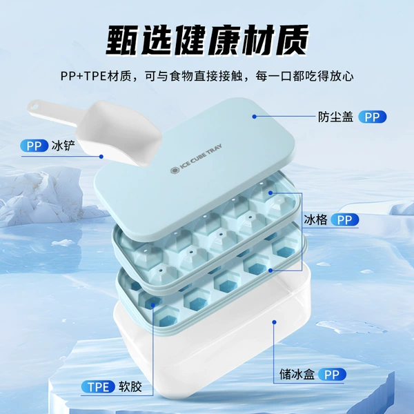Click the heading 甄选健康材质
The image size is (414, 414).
tap(207, 40)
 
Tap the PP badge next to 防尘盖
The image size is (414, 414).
tap(373, 117)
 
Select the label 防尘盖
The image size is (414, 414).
tap(335, 117)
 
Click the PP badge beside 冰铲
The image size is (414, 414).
tap(34, 146)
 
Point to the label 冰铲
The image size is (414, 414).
tap(63, 146)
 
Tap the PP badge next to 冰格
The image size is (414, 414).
tap(344, 219)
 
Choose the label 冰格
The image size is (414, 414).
tap(315, 219)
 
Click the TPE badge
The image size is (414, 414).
tap(98, 387)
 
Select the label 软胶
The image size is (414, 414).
tap(130, 387)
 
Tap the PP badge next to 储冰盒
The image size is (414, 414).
tap(332, 375)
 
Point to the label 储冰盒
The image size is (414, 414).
tap(297, 375)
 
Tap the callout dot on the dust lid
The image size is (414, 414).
tap(254, 117)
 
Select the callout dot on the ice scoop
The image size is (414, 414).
tap(101, 157)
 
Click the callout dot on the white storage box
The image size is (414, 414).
tap(275, 322)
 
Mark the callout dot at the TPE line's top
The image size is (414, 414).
tap(153, 305)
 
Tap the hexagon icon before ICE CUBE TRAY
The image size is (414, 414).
tap(175, 170)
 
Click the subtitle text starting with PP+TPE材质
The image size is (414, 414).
tap(207, 77)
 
